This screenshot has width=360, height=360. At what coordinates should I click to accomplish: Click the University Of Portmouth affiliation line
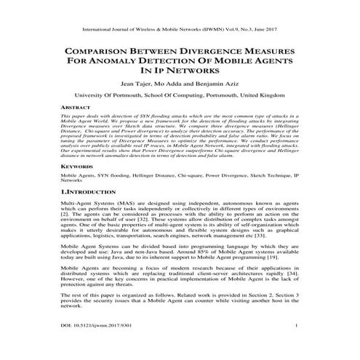click(179, 95)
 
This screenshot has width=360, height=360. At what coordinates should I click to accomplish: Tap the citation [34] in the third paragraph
click(292, 275)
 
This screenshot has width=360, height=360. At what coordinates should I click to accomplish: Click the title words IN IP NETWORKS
click(179, 72)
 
